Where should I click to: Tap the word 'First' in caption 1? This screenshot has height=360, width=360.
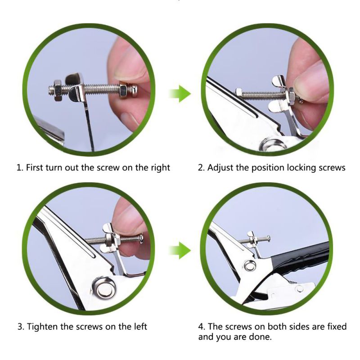point(36,168)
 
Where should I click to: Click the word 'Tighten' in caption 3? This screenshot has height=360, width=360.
point(43,326)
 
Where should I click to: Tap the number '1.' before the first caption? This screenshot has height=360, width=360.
point(19,168)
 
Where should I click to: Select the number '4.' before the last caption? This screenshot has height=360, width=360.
point(202,326)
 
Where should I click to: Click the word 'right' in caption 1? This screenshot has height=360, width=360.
point(159,168)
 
